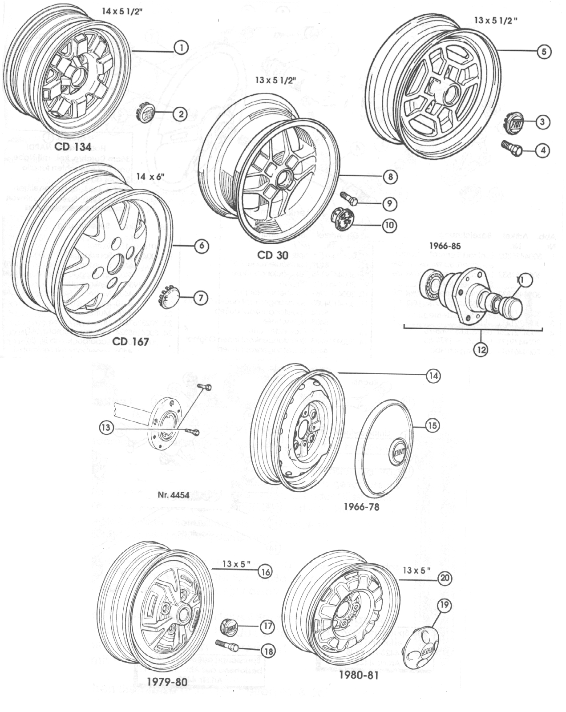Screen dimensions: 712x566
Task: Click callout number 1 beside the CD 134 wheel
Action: pyautogui.click(x=181, y=47)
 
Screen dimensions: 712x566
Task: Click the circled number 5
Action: pyautogui.click(x=544, y=52)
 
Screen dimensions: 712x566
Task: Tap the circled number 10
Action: pyautogui.click(x=389, y=225)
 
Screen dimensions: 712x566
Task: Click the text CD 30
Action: pyautogui.click(x=273, y=255)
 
